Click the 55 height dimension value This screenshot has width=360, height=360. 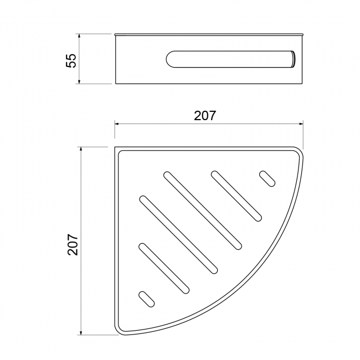tap(71, 60)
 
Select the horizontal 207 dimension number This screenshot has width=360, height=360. tap(205, 116)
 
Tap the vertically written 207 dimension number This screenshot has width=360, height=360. tap(73, 244)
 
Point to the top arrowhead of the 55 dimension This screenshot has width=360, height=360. tap(79, 37)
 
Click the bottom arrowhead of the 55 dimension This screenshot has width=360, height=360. tap(79, 81)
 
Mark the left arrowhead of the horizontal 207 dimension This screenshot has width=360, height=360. tap(117, 124)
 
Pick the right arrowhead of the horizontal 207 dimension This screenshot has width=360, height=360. tap(301, 124)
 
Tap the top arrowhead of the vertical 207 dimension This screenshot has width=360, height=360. tap(81, 150)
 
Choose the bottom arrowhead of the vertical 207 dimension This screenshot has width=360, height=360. tap(81, 332)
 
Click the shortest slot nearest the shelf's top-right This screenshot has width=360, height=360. tap(268, 179)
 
